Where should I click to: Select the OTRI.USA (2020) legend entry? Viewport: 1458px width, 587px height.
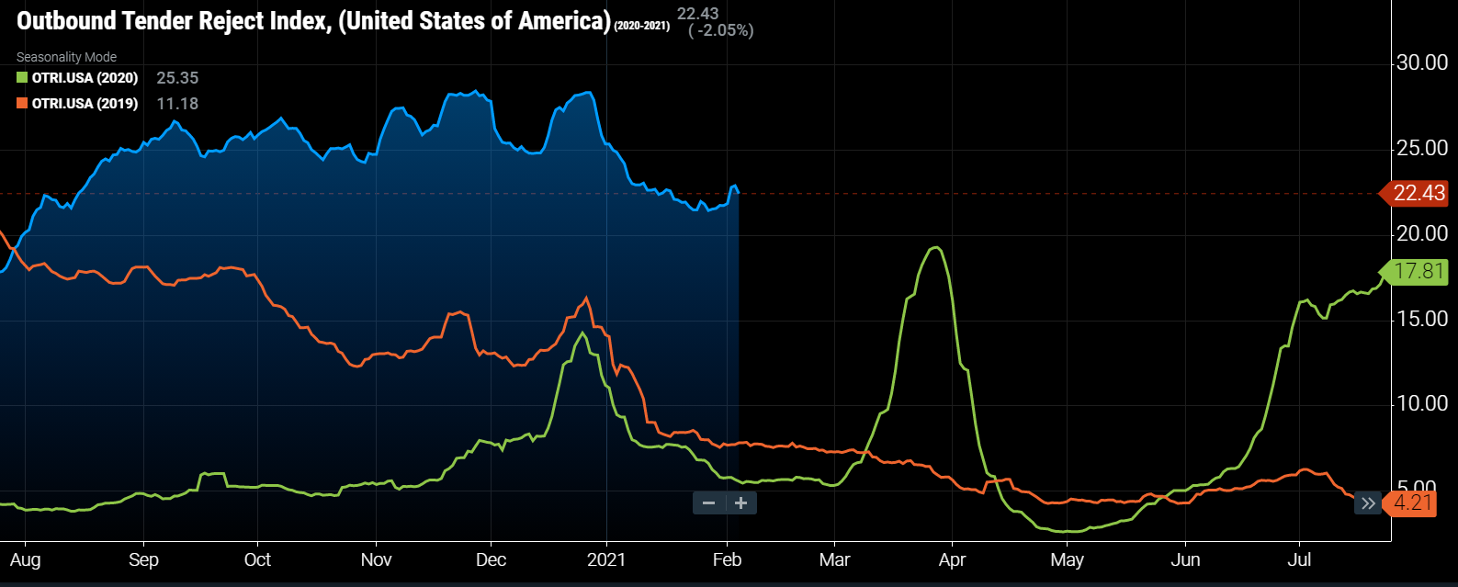[85, 78]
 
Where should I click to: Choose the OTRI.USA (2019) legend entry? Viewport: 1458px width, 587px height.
[85, 104]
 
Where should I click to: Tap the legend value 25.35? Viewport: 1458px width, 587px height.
[177, 78]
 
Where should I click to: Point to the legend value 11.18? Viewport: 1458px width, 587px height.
[177, 104]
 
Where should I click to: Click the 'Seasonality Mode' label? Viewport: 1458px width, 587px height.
[66, 57]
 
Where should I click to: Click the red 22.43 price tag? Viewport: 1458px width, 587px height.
[1418, 193]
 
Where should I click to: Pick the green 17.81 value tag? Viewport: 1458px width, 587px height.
[1418, 271]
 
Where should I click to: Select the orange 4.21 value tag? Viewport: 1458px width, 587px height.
[1413, 503]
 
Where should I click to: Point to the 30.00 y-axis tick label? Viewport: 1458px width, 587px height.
[1422, 62]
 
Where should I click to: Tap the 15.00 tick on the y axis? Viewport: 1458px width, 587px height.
[1422, 319]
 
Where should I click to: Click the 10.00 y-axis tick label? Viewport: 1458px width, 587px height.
[1422, 403]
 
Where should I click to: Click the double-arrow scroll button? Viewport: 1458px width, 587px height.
[1368, 503]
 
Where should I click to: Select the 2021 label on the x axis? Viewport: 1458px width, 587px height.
[606, 559]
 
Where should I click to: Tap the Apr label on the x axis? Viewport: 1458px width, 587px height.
[953, 559]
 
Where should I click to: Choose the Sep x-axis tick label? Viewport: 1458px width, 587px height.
[143, 559]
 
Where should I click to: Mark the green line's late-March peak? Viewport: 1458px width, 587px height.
[935, 248]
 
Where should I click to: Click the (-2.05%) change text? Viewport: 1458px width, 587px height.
[721, 30]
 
